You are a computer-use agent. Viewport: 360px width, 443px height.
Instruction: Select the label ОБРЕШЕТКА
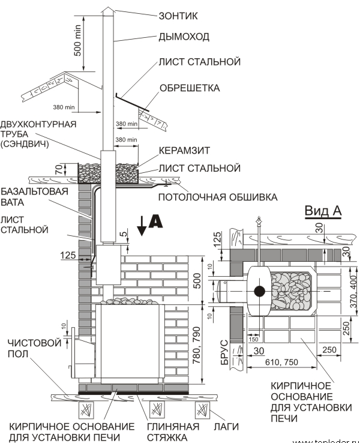click(190, 88)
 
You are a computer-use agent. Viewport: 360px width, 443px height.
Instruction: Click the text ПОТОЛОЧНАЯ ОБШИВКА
click(218, 196)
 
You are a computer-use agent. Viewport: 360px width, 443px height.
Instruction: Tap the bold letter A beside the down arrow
click(155, 221)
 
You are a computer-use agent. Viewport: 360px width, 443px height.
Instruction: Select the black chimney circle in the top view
click(259, 292)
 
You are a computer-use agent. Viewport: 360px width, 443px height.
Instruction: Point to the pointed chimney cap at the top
click(106, 9)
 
